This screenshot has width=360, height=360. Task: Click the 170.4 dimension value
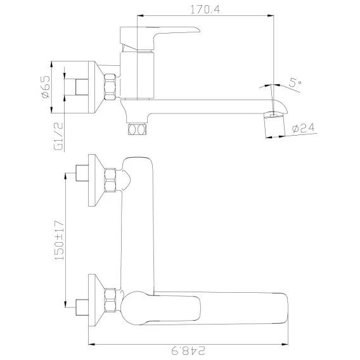(x=205, y=10)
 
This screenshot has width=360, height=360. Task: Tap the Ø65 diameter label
(x=46, y=87)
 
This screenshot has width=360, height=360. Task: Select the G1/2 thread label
(x=58, y=136)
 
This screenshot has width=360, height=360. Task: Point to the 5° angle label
(x=295, y=83)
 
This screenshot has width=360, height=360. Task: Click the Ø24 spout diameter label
(x=304, y=128)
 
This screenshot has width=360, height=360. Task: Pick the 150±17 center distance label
(x=59, y=240)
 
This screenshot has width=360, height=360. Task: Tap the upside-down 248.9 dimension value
(x=188, y=350)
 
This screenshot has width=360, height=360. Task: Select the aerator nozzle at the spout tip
(x=274, y=124)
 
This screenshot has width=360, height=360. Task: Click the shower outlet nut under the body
(x=137, y=129)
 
